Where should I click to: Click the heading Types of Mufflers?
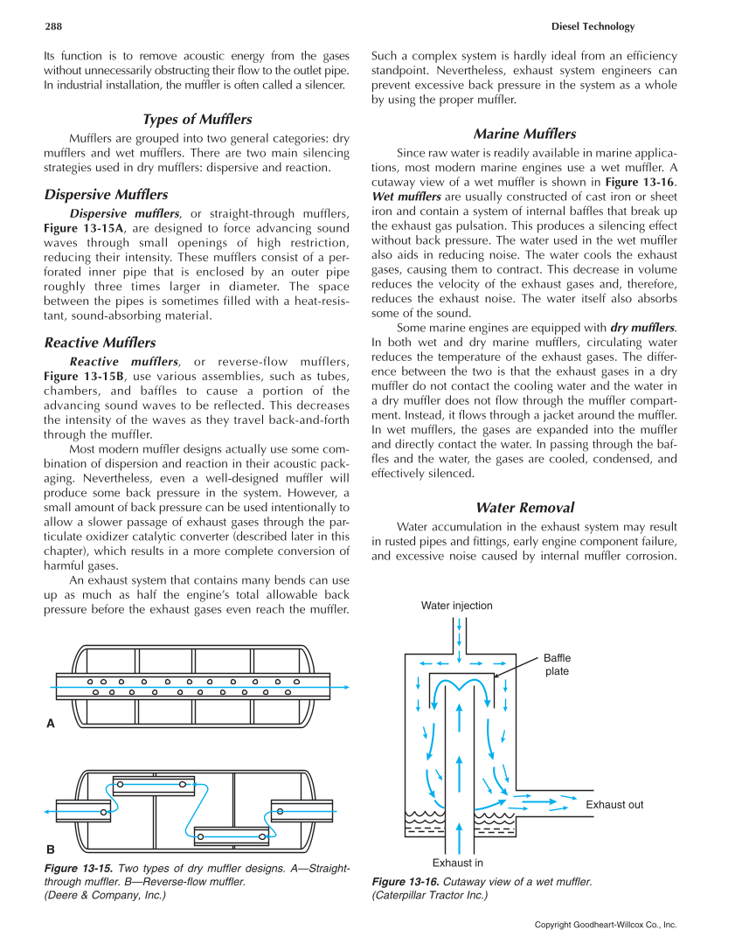(197, 120)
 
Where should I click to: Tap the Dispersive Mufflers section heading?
(106, 195)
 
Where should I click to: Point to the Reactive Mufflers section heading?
(100, 343)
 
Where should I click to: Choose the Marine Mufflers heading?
(524, 134)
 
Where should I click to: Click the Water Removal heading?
(524, 508)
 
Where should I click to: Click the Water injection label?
(456, 606)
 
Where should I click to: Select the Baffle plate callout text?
(557, 664)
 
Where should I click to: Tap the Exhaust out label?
(614, 805)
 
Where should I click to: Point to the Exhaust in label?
(458, 863)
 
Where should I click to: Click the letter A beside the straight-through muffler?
(50, 724)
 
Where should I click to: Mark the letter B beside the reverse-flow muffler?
(50, 849)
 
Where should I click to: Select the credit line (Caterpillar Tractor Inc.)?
(429, 895)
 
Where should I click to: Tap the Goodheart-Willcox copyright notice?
(606, 925)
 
